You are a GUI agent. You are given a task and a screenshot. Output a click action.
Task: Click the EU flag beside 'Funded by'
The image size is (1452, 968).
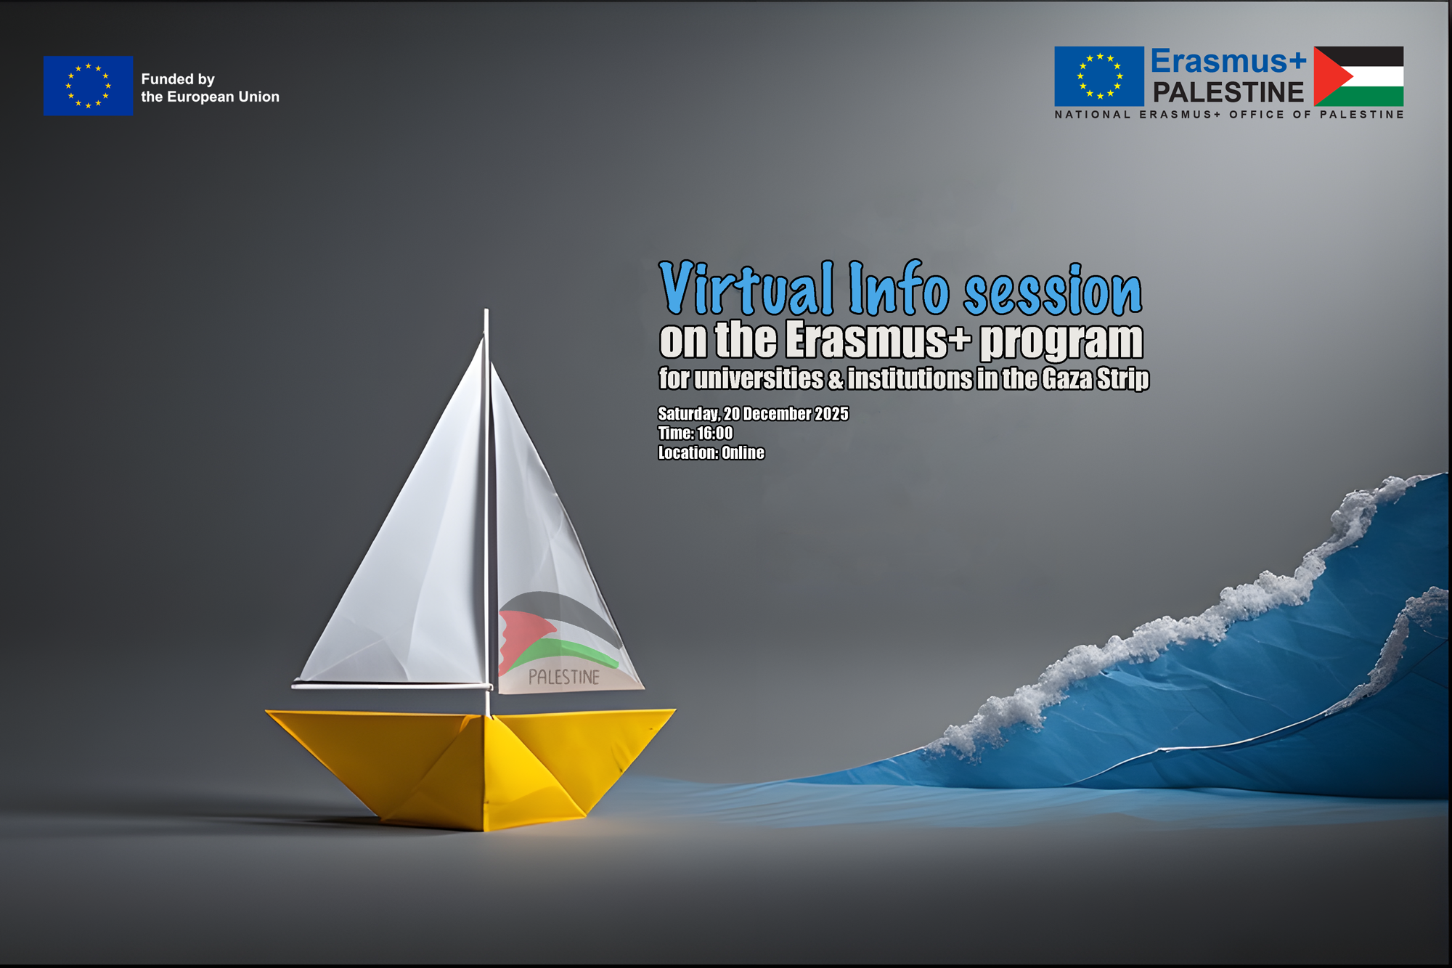88,86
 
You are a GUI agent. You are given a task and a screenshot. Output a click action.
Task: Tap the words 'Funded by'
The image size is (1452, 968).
178,79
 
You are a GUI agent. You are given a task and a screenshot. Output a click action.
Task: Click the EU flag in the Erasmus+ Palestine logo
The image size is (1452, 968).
1099,76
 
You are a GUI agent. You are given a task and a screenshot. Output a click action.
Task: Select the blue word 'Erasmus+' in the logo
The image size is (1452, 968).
1228,62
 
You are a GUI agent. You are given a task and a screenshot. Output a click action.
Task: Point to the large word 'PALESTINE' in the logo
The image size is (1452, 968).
1228,92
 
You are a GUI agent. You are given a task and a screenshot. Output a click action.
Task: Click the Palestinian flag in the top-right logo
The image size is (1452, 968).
1358,76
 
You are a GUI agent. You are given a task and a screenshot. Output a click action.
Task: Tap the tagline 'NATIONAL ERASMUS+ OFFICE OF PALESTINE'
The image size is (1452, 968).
1229,115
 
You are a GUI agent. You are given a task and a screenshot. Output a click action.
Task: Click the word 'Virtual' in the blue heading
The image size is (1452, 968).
746,288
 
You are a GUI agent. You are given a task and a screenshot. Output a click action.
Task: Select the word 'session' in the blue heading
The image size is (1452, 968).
1053,290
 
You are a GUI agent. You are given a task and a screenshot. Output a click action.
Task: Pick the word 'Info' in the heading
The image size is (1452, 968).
899,288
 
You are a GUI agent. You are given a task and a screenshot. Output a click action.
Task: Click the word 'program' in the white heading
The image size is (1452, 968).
1061,341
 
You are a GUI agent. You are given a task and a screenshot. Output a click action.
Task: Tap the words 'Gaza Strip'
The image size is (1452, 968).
1096,379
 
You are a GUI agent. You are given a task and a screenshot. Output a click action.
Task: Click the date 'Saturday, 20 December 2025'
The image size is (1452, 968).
753,414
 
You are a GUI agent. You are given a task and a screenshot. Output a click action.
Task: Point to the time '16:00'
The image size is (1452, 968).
715,434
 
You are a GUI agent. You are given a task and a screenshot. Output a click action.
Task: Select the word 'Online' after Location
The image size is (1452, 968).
743,453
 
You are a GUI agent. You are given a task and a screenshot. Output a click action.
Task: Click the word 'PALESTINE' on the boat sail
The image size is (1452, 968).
564,677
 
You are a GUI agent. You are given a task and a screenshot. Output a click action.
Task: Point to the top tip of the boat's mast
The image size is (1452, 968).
486,310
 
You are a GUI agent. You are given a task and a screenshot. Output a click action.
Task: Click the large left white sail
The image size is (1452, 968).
407,566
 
